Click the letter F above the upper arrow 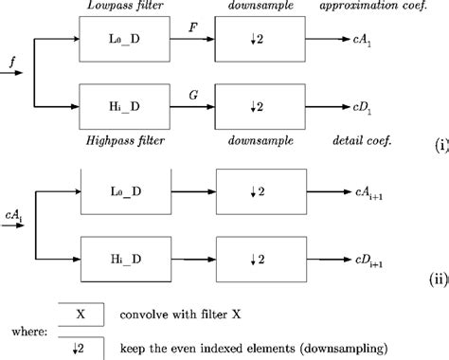coord(192,28)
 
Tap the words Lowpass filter coord(126,7)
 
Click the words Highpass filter coord(126,140)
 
